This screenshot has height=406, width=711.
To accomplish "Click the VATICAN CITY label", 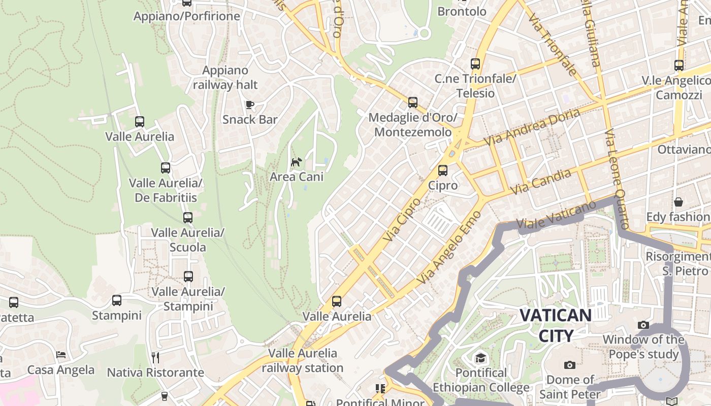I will point(556,325).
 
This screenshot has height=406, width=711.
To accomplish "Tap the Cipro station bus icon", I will point(443,171).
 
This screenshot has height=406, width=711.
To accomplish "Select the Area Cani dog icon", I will point(296,162).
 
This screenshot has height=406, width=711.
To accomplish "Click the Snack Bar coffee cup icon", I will point(249,105).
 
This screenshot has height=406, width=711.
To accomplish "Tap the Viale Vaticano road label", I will point(556,216).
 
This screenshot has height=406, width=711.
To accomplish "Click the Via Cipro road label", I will point(402,219).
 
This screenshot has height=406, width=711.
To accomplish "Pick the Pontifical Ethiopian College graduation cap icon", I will point(480,358).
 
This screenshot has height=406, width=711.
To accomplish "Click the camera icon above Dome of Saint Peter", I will point(570,365).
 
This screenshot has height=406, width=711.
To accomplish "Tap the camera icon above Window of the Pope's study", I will point(643,325).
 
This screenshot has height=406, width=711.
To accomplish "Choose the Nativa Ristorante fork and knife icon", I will point(155,358).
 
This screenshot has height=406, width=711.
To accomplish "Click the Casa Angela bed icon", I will point(61,355).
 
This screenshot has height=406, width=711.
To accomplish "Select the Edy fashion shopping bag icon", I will point(678,202).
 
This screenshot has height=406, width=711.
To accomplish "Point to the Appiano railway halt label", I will point(225,78).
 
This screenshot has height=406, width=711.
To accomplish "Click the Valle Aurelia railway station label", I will point(303,360).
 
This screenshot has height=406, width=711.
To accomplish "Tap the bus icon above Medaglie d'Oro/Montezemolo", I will point(413,103).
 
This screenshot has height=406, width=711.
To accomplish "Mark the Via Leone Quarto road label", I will point(617,179).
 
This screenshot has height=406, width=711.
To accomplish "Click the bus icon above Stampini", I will point(117,300).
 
